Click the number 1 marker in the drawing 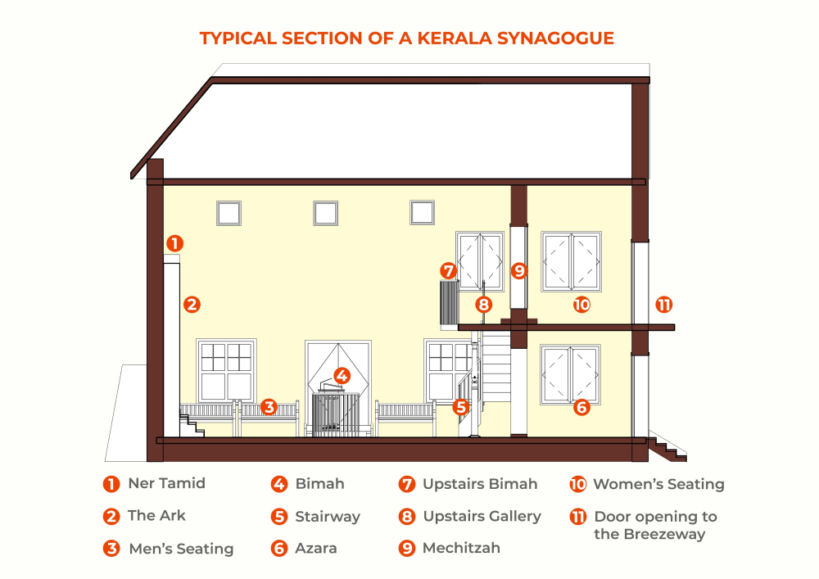174,242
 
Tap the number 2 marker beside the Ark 192,304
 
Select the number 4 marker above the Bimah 342,376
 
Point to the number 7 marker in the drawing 447,269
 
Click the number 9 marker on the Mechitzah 518,269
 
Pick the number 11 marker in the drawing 663,305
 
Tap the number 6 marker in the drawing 581,406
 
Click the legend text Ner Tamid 166,483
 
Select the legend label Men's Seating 181,549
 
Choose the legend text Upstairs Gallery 482,516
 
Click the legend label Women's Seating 658,484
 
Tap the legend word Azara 316,549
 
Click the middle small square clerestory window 325,213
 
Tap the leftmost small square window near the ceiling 229,213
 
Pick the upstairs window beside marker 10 572,260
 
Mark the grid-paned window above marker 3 227,370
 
